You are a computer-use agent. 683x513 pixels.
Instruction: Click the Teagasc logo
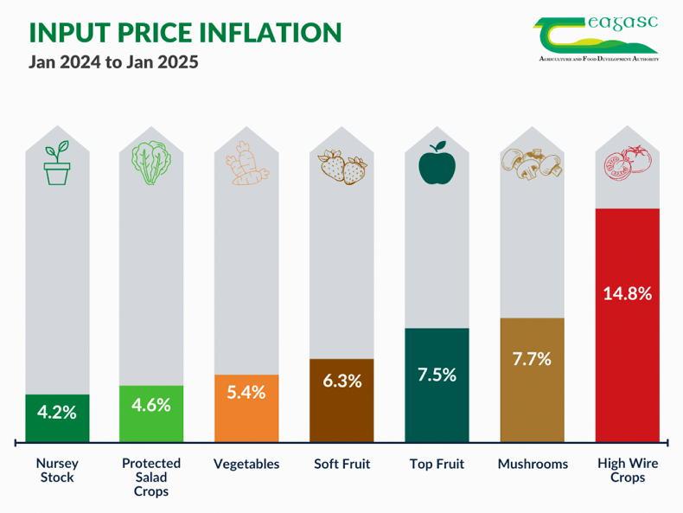pos(597,38)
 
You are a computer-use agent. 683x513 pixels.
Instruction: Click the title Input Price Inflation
pos(185,32)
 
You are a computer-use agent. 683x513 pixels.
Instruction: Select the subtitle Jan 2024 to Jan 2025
pos(113,63)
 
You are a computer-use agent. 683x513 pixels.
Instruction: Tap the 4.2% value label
pos(57,412)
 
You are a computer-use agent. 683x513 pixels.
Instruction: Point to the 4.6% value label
pos(151,404)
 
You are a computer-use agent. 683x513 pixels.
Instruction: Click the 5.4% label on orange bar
pos(246,392)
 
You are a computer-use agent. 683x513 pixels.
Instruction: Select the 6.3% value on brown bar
pos(341,381)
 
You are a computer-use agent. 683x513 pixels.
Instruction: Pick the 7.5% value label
pos(437,375)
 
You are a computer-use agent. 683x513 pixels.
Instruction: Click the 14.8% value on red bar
pos(627,292)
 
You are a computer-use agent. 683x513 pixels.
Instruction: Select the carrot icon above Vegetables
pos(246,164)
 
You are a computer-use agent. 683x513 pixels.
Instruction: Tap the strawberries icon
pos(342,166)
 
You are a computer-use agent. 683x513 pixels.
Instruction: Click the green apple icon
pos(437,164)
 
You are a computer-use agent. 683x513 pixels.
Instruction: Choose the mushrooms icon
pos(532,164)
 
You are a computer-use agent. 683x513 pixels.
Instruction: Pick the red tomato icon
pos(627,164)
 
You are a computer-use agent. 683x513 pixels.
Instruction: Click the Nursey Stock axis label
pos(56,470)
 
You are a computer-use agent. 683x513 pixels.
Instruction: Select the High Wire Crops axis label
pos(628,470)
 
